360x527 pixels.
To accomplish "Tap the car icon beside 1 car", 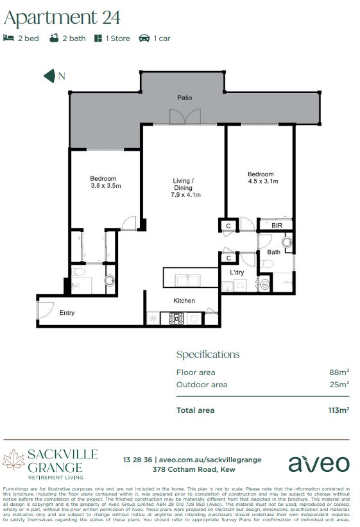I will click(144, 38).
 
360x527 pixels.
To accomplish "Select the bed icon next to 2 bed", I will click(8, 38).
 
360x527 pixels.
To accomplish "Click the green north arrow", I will click(49, 76).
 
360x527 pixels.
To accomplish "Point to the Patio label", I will click(185, 98).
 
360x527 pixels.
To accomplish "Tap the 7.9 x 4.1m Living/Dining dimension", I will click(185, 195).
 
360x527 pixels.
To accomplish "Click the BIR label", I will click(277, 226).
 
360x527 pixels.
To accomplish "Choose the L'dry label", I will click(237, 272).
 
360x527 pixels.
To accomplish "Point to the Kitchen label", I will click(184, 301).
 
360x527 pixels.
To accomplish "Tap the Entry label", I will click(67, 313).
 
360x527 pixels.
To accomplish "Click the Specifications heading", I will click(207, 355).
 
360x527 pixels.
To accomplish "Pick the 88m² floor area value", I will click(339, 372).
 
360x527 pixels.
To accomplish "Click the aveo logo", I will click(318, 464).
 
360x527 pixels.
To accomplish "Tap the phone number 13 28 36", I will click(138, 460).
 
